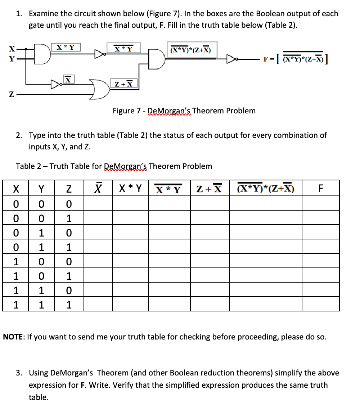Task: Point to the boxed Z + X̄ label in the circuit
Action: click(123, 84)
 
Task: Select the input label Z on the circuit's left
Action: click(12, 95)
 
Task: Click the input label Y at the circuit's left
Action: click(12, 59)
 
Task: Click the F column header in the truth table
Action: click(320, 188)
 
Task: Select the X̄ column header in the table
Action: click(98, 188)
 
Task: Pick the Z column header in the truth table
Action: click(69, 188)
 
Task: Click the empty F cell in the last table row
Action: click(320, 305)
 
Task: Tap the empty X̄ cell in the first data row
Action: click(98, 204)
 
